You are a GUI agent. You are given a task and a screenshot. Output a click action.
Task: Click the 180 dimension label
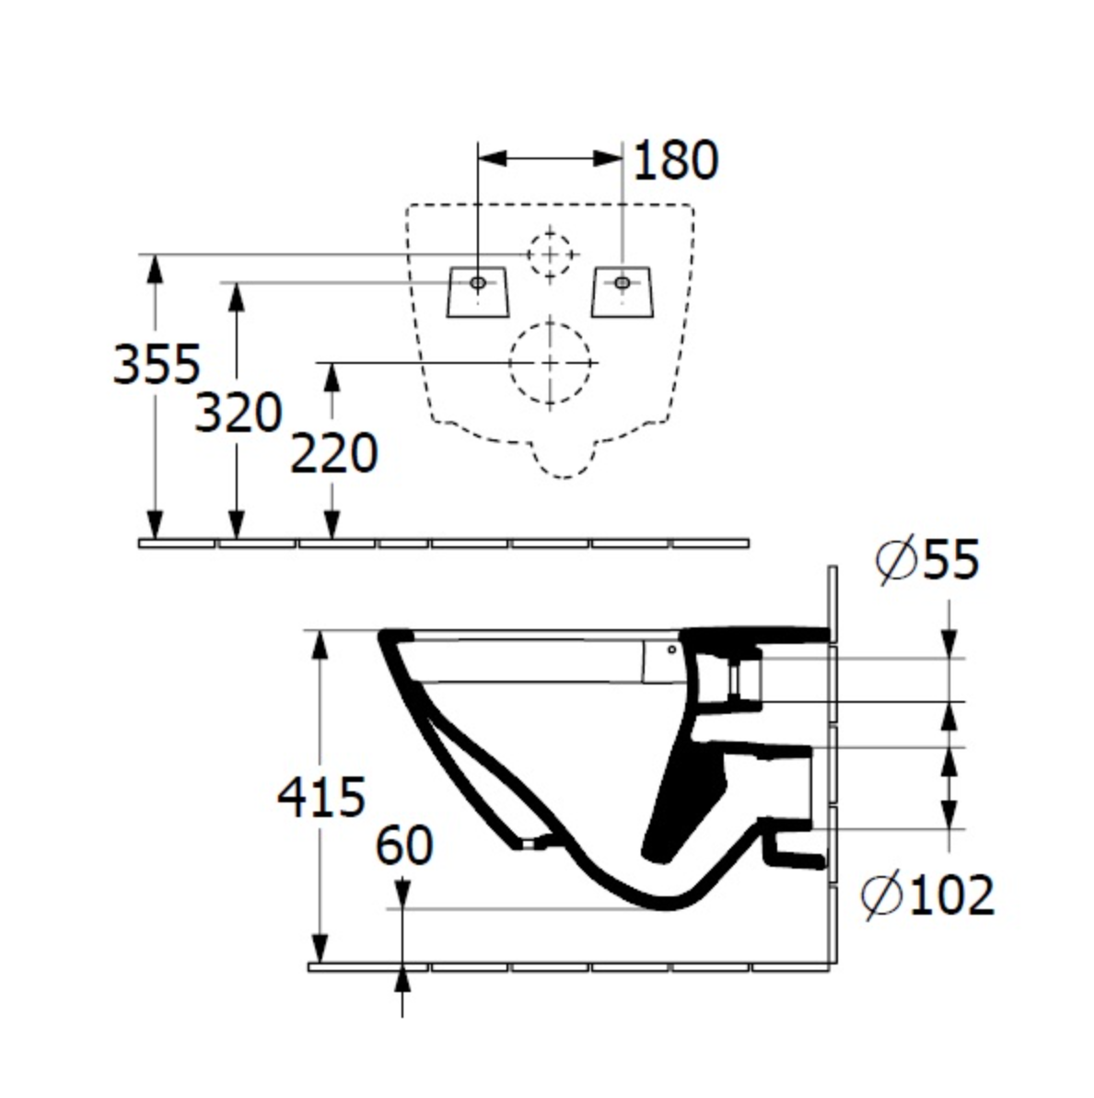coord(675,160)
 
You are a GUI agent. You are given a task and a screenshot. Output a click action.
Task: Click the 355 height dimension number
coord(156,363)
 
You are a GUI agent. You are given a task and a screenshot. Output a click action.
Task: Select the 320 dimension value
coord(238,413)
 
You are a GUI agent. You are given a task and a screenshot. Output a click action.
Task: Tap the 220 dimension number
coord(333,453)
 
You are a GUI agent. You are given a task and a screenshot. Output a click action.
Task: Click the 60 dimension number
coord(404,845)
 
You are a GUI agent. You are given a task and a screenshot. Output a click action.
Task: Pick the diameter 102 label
coord(928,894)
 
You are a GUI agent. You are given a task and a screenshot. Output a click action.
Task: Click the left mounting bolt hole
coord(477,283)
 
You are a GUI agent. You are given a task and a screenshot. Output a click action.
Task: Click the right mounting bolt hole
coord(623,283)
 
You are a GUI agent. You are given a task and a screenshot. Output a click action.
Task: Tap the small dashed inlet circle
coord(551,252)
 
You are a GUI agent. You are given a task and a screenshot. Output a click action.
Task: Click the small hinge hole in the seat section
coord(671,649)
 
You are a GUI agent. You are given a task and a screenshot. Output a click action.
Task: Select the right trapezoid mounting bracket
coord(623,292)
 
